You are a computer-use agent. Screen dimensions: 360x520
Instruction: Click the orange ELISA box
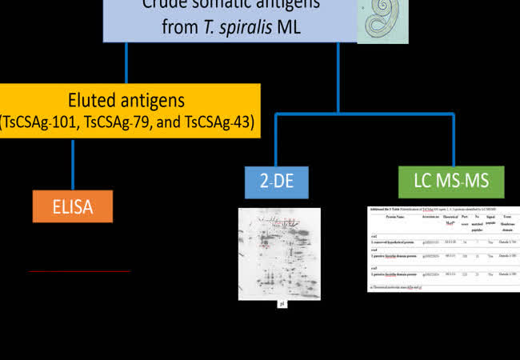tap(73, 206)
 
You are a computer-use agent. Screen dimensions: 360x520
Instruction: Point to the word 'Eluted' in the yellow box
tap(98, 101)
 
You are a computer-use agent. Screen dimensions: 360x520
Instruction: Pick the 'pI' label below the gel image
tap(282, 304)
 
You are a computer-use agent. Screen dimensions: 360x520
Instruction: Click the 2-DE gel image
tap(279, 253)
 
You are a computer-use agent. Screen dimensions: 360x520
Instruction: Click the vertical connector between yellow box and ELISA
tap(73, 165)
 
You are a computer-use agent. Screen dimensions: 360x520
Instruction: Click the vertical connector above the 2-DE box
tap(275, 140)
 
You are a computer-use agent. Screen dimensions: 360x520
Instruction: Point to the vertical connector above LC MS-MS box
tap(453, 140)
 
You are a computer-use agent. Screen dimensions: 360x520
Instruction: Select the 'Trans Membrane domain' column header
tap(509, 225)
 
